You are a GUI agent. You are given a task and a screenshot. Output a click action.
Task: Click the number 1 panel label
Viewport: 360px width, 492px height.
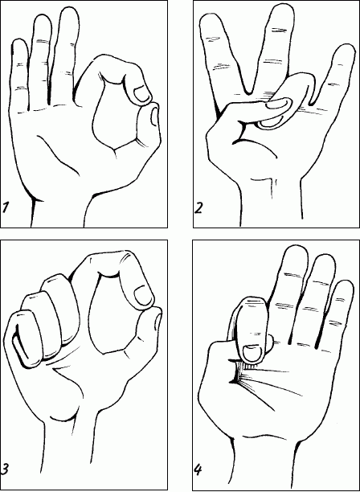6,207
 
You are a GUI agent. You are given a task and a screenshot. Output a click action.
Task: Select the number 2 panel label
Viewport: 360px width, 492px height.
198,207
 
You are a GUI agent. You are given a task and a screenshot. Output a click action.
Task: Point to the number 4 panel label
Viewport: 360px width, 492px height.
198,469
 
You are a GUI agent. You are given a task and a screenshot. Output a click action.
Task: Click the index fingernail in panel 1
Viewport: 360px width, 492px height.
141,95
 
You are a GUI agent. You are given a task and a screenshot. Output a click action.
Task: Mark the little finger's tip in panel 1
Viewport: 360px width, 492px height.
19,39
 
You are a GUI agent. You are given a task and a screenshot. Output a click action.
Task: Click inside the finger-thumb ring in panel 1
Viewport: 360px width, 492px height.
115,113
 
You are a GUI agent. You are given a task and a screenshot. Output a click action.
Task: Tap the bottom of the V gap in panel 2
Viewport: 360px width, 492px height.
248,92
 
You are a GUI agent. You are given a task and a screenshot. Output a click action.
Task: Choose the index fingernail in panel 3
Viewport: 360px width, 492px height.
143,297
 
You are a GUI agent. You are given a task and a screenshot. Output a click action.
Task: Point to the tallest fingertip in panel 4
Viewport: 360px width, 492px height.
297,247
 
